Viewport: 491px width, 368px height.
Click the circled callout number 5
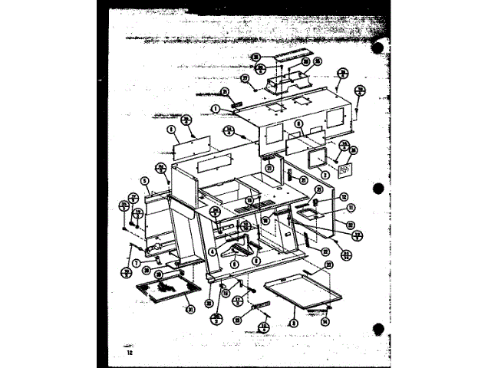pyautogui.click(x=143, y=181)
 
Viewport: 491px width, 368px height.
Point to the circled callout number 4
pyautogui.click(x=213, y=251)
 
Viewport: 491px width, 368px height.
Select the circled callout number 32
pyautogui.click(x=350, y=225)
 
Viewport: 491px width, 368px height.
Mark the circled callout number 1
pyautogui.click(x=217, y=108)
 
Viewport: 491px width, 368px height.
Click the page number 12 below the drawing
pyautogui.click(x=119, y=353)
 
